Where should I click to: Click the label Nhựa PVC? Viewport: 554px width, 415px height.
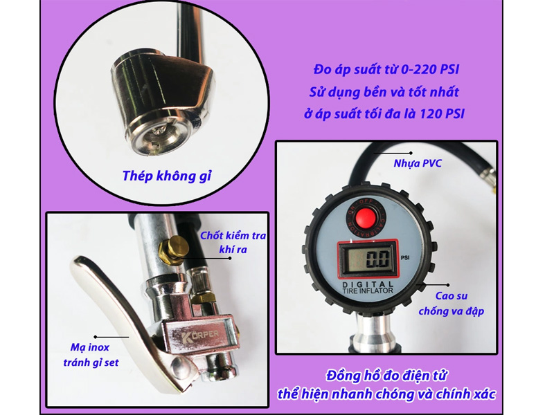417,164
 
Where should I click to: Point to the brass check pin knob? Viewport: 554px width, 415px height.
173,249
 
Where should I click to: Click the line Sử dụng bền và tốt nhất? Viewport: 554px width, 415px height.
384,91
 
